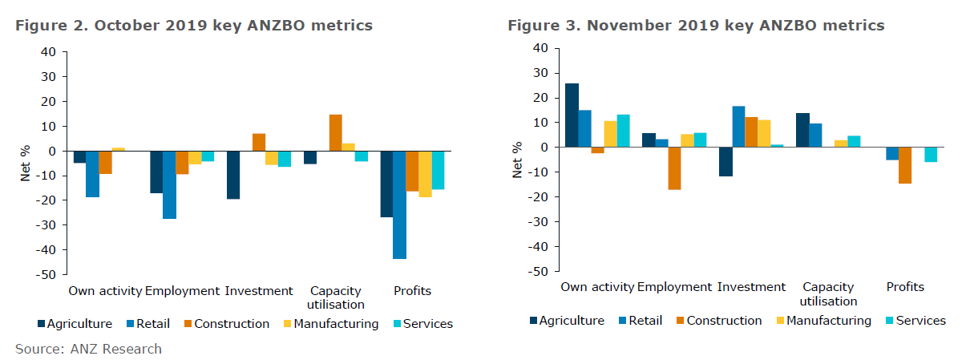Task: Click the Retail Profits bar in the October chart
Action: tap(399, 204)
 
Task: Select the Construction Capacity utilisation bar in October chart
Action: tap(335, 133)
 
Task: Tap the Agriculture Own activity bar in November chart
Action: tap(572, 115)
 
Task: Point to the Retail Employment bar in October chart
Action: tap(169, 184)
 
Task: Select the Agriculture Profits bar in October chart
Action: tap(386, 184)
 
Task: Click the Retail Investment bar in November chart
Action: tap(738, 127)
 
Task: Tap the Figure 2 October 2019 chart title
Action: tap(194, 26)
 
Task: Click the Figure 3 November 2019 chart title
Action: tap(696, 26)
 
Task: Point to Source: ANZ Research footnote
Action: tap(88, 349)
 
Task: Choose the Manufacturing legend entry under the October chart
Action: tap(329, 324)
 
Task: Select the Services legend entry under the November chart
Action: tap(914, 321)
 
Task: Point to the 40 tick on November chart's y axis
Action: tap(540, 48)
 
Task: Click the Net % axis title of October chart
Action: tap(26, 163)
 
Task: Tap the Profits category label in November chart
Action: tap(905, 287)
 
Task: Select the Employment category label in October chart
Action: tap(182, 291)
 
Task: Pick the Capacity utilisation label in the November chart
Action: tap(828, 294)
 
